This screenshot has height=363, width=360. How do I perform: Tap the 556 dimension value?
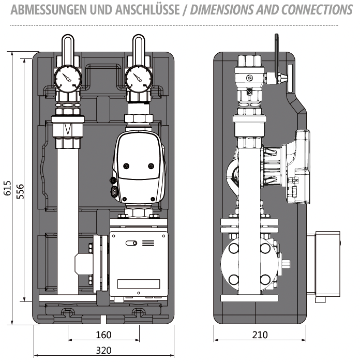(20, 189)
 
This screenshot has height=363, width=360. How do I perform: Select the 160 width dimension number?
(103, 335)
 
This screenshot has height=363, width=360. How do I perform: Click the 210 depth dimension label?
(260, 335)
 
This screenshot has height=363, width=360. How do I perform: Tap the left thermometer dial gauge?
(67, 79)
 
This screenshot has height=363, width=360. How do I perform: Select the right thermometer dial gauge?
(137, 79)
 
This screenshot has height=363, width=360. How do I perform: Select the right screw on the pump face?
(151, 166)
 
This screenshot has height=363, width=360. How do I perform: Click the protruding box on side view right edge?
(325, 264)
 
